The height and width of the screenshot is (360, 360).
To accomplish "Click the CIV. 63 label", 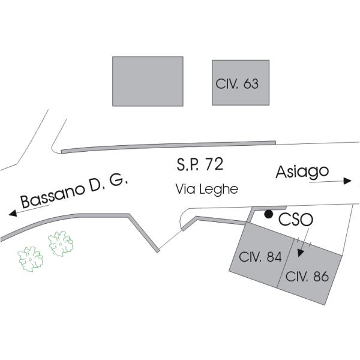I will pyautogui.click(x=237, y=83).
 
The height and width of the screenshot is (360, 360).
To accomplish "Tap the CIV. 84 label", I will pyautogui.click(x=260, y=257).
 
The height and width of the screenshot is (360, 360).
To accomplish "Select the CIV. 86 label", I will pyautogui.click(x=307, y=277).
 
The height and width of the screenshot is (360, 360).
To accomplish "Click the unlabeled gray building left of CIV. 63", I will pyautogui.click(x=148, y=81).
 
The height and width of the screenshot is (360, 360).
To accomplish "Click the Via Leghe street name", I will pyautogui.click(x=206, y=189).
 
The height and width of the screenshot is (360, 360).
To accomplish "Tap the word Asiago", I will pyautogui.click(x=302, y=172).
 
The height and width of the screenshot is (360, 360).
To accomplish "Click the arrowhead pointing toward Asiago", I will pyautogui.click(x=348, y=181).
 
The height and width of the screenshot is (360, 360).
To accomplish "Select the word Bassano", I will pyautogui.click(x=50, y=194).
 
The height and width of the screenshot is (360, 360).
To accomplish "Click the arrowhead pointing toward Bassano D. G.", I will pyautogui.click(x=11, y=212).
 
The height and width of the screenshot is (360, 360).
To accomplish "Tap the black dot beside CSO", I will pyautogui.click(x=269, y=214).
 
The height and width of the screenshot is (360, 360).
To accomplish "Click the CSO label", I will pyautogui.click(x=295, y=220).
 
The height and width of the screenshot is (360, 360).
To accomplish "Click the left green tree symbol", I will pyautogui.click(x=30, y=258).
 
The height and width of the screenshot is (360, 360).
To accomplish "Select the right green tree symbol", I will pyautogui.click(x=61, y=244).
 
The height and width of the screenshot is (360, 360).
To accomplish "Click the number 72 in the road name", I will pyautogui.click(x=214, y=163).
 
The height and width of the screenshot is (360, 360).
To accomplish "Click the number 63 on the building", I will pyautogui.click(x=251, y=83).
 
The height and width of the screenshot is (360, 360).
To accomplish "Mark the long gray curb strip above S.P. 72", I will pyautogui.click(x=168, y=146).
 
